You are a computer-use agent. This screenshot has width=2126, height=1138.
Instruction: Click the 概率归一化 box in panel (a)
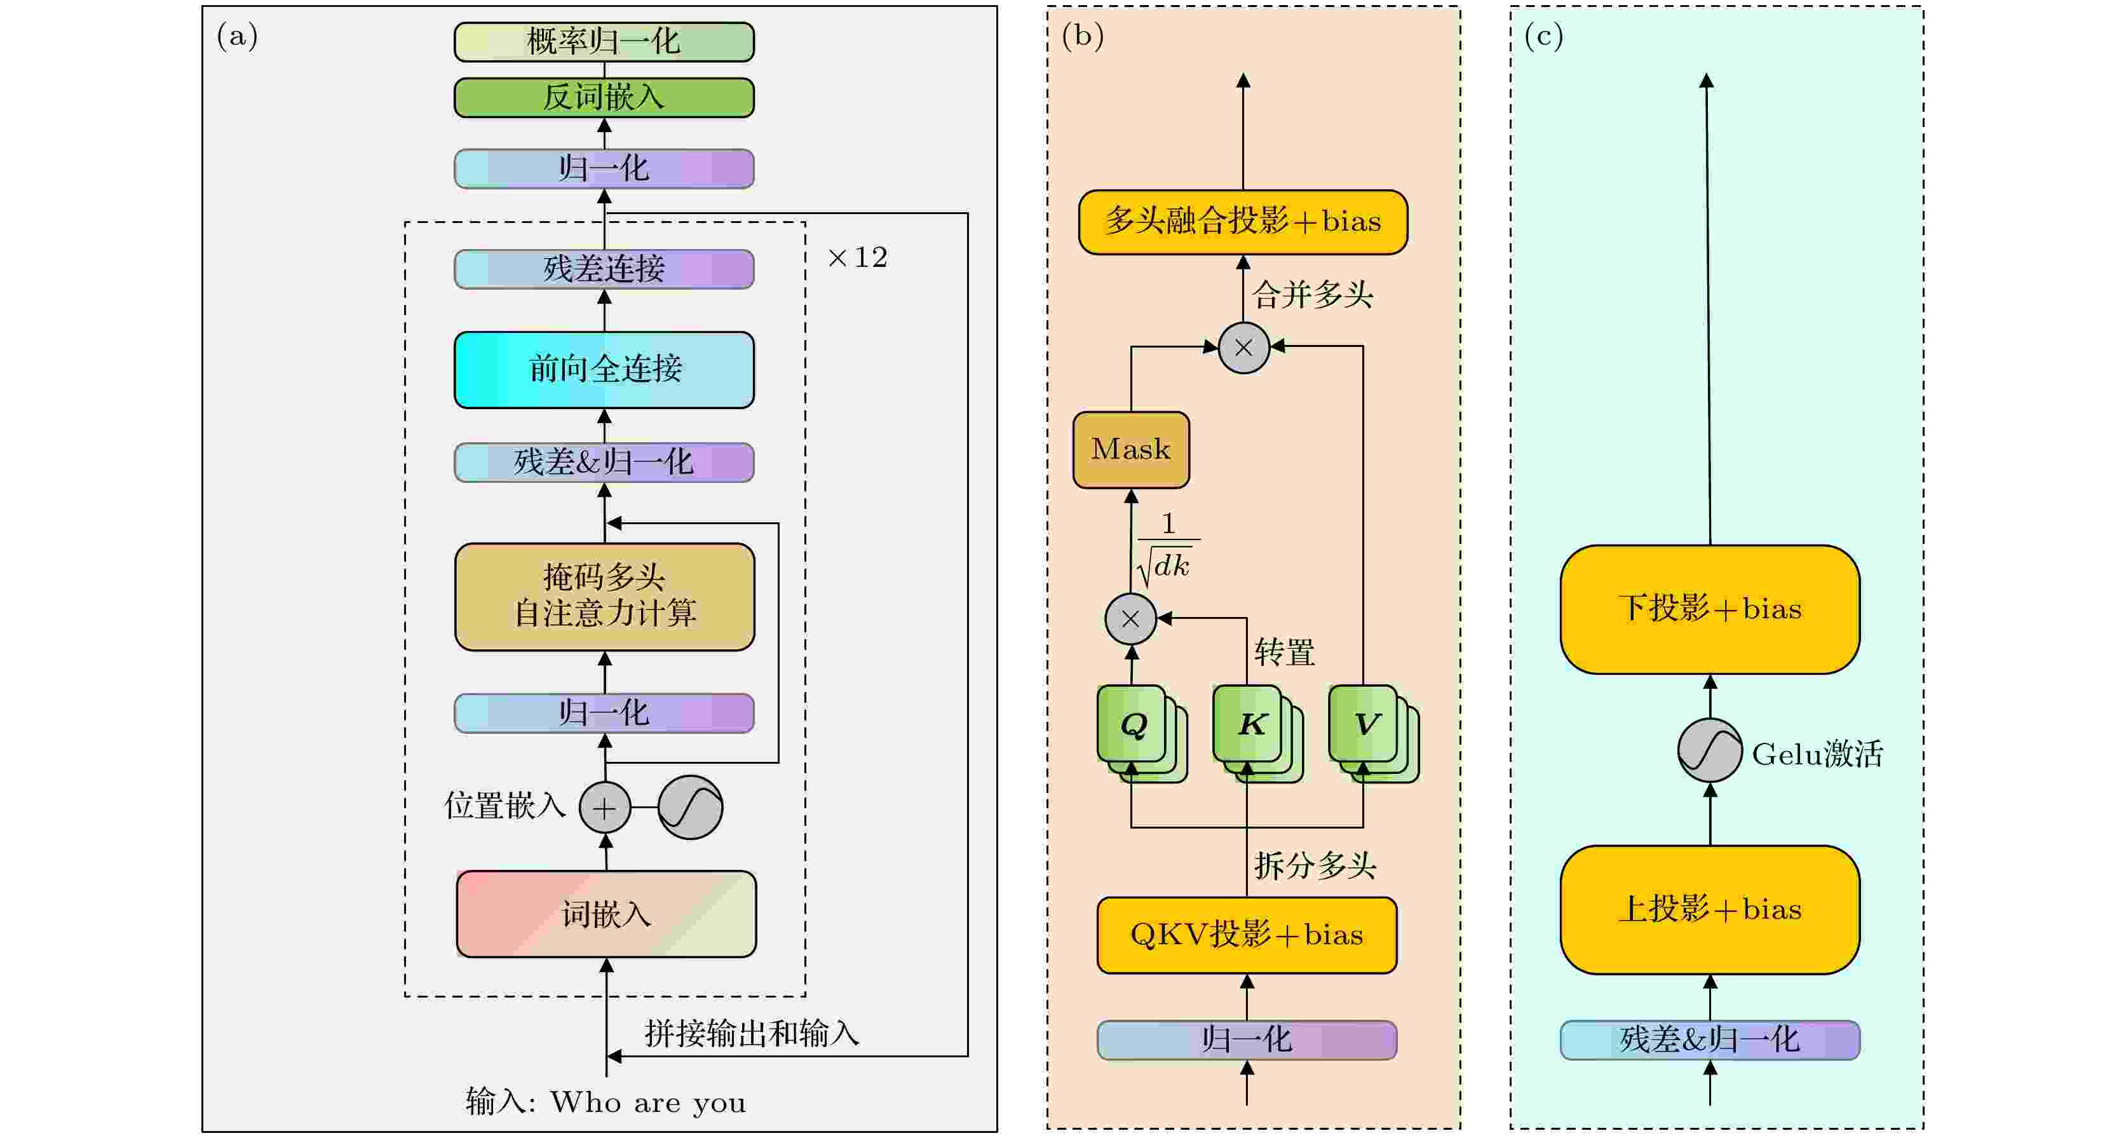(x=604, y=42)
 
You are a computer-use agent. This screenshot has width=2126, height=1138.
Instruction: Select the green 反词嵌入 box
(x=604, y=97)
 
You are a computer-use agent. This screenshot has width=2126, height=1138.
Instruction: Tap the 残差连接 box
(x=604, y=269)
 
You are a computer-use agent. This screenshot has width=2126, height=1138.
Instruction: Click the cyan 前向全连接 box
(x=604, y=369)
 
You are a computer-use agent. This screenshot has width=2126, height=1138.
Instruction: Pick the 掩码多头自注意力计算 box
(x=604, y=596)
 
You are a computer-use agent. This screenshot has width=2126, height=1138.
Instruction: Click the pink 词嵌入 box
(x=606, y=914)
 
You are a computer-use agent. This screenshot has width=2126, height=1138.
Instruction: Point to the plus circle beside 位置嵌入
(x=604, y=807)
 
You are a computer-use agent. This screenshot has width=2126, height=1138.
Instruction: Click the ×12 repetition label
(x=858, y=257)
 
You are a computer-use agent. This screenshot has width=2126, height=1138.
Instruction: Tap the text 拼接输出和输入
(x=751, y=1033)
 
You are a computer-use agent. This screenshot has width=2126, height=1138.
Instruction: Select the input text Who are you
(x=648, y=1102)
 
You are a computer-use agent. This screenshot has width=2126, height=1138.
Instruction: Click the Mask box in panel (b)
(x=1131, y=450)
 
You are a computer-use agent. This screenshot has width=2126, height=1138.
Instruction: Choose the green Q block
(x=1132, y=724)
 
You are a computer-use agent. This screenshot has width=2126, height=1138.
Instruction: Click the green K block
(x=1249, y=724)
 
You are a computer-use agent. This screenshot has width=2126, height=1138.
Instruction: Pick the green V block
(x=1364, y=724)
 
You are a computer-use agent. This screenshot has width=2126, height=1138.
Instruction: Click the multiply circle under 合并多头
(x=1243, y=348)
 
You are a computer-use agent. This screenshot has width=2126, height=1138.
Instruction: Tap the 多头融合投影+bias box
(x=1243, y=222)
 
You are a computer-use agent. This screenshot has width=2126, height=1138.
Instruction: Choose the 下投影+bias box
(x=1709, y=609)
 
